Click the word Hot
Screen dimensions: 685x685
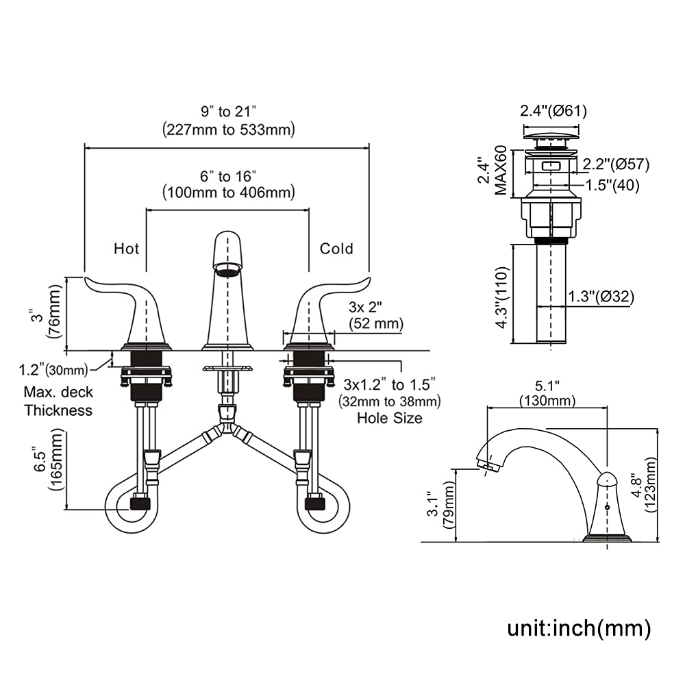click(x=126, y=247)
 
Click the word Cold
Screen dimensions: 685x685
click(x=336, y=247)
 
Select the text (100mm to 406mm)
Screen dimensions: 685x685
click(x=228, y=193)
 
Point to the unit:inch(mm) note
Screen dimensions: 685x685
click(x=579, y=627)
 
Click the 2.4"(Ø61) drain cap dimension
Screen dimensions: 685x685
click(x=554, y=110)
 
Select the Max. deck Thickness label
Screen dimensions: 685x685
click(x=58, y=402)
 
